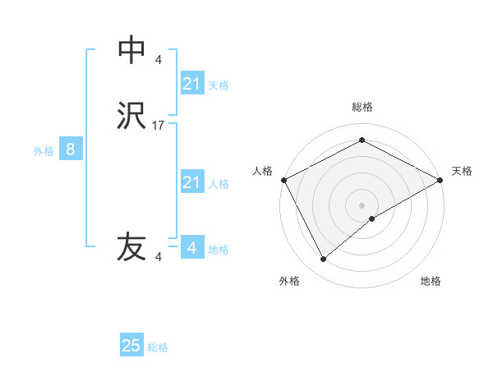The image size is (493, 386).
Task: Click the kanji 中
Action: tap(131, 50)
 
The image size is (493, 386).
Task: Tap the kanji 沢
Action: tap(131, 116)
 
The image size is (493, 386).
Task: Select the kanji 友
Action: tap(131, 247)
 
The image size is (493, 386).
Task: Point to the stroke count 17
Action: tap(159, 126)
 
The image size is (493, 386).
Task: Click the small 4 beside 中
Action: tap(159, 60)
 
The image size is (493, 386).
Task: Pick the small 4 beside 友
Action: tap(159, 257)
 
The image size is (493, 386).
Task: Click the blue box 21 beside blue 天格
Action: tap(191, 84)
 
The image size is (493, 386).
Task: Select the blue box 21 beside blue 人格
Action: tap(191, 182)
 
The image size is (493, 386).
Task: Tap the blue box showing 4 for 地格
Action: tap(191, 247)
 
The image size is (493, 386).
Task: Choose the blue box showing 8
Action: tap(71, 149)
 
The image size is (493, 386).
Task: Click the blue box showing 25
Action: tap(131, 346)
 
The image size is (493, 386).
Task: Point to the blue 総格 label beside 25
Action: tap(159, 347)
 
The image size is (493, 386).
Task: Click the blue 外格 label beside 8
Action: tap(44, 151)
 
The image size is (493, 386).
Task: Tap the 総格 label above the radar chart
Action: tap(362, 107)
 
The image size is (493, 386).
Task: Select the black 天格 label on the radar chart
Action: tap(462, 171)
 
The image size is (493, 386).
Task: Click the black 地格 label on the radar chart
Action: tap(431, 281)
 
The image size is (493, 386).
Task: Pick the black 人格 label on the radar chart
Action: tap(263, 171)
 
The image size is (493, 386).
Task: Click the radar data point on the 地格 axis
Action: tap(373, 218)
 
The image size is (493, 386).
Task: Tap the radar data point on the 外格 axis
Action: tap(324, 260)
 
